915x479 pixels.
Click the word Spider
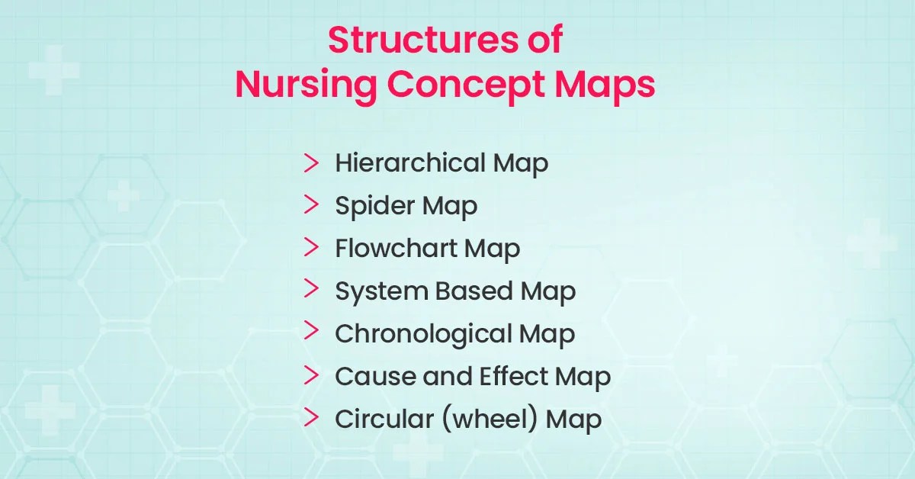click(x=370, y=207)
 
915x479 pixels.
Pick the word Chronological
click(x=423, y=334)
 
